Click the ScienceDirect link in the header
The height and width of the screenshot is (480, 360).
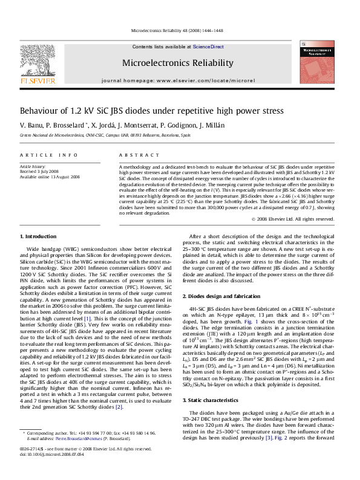coord(208,47)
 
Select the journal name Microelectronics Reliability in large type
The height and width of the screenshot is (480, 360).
coord(177,63)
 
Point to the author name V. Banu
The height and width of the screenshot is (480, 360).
coord(31,125)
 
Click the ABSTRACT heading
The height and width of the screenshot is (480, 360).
coord(134,155)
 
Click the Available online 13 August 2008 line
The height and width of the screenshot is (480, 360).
coord(50,177)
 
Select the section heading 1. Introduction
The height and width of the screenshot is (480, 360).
coord(38,236)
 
